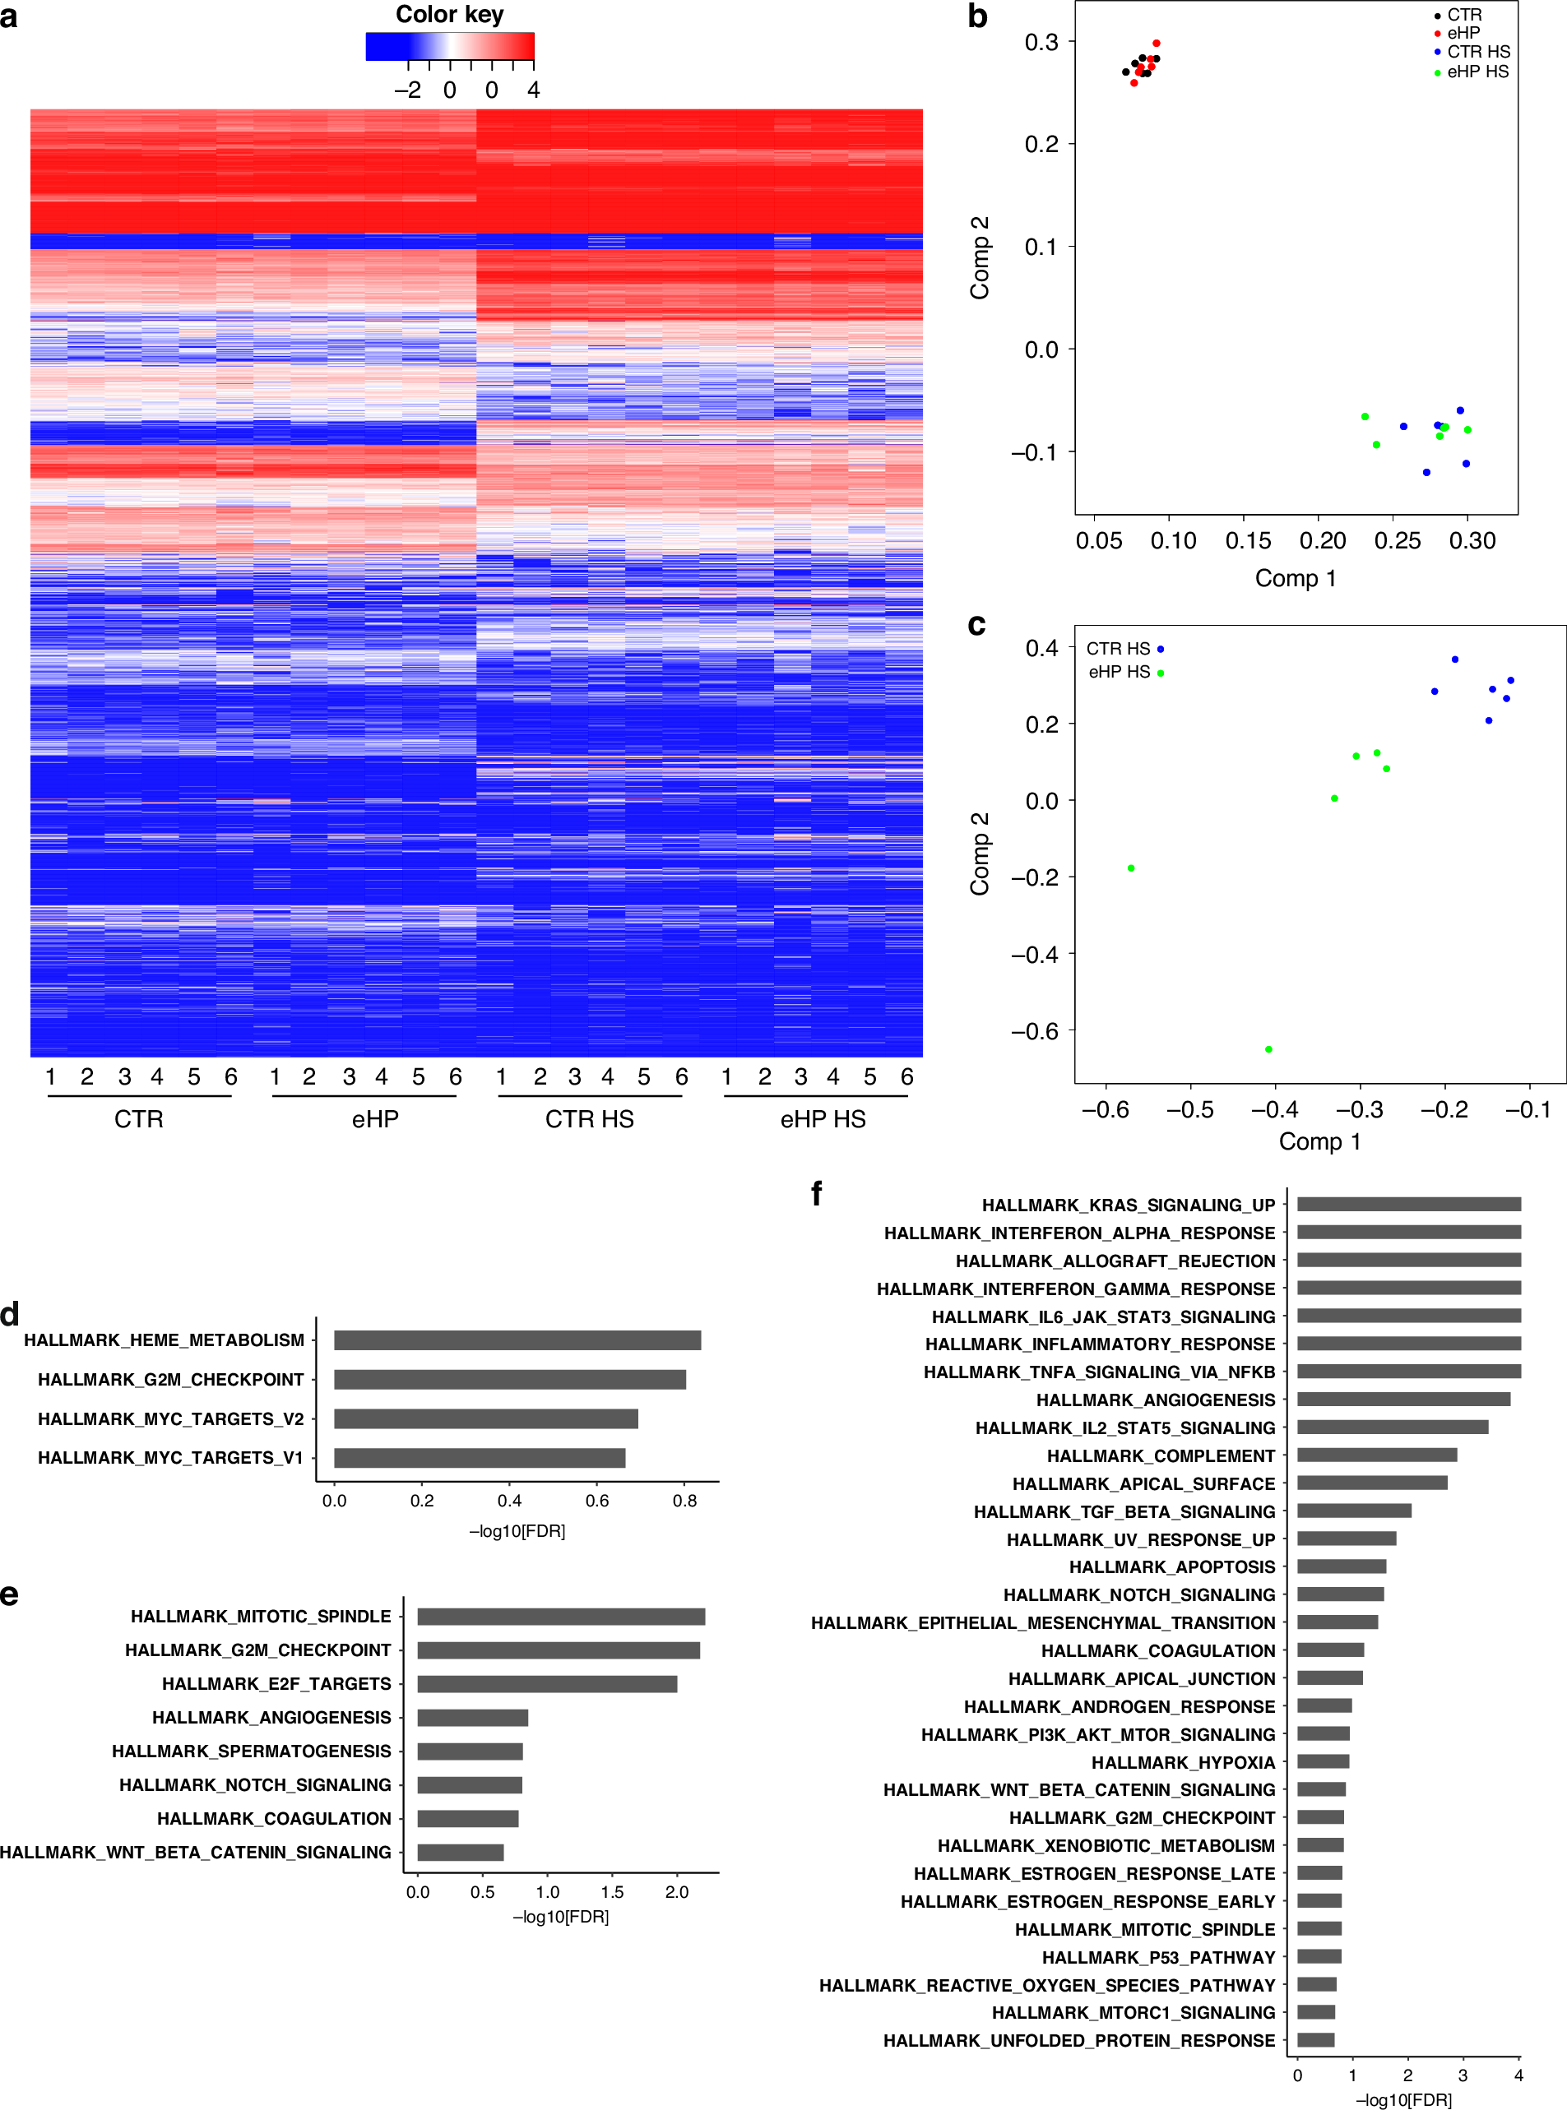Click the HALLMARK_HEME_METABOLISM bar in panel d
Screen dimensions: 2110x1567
click(x=517, y=1340)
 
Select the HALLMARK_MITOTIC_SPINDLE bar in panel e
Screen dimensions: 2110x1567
click(x=561, y=1616)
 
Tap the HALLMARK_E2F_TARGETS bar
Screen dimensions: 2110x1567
click(x=547, y=1683)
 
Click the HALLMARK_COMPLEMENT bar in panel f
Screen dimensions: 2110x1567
click(x=1376, y=1455)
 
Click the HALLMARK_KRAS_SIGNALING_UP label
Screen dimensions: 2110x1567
click(x=1128, y=1205)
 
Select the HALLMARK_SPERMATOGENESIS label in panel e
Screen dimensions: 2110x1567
click(x=252, y=1751)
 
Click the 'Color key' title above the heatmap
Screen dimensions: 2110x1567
click(x=450, y=14)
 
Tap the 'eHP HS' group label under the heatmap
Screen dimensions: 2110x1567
click(x=823, y=1119)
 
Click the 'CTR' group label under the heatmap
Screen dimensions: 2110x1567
click(x=138, y=1119)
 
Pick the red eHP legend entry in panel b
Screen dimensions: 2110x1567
click(x=1462, y=33)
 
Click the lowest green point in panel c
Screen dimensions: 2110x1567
click(x=1268, y=1049)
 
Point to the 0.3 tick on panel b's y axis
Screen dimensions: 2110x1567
click(x=1041, y=42)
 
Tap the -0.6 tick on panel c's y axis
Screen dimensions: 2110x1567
click(x=1034, y=1031)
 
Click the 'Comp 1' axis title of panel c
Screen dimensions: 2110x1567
click(x=1319, y=1141)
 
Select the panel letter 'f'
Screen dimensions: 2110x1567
click(x=817, y=1193)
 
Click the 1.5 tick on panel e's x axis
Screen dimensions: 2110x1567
click(x=612, y=1892)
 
